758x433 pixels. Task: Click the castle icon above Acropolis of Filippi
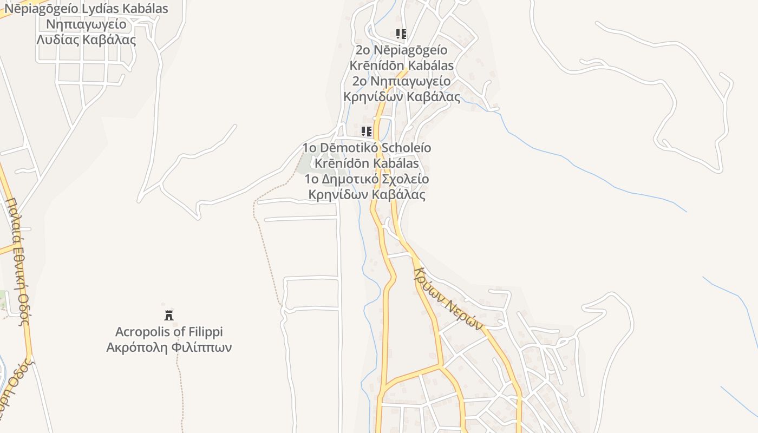point(169,315)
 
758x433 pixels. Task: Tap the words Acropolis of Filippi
point(169,332)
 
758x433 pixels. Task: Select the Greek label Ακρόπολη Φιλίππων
point(169,347)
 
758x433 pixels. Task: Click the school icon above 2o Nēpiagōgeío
point(401,35)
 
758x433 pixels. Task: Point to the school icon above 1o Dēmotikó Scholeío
point(367,132)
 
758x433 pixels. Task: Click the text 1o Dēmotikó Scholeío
point(367,148)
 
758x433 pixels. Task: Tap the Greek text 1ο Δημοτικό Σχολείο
point(367,179)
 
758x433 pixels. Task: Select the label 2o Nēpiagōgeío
point(401,50)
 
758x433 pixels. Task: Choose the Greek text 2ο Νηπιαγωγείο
point(401,81)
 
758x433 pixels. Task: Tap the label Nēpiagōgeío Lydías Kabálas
point(87,9)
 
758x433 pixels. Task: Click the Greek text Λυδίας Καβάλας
point(87,40)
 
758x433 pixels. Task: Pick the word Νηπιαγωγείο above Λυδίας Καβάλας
point(87,24)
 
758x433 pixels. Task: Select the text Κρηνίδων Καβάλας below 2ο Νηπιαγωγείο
point(402,97)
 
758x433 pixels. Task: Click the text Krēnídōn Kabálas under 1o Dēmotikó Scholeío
point(367,163)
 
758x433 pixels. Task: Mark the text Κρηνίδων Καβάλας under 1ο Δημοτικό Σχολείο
point(367,194)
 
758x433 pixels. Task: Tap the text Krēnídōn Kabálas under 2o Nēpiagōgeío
point(401,65)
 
